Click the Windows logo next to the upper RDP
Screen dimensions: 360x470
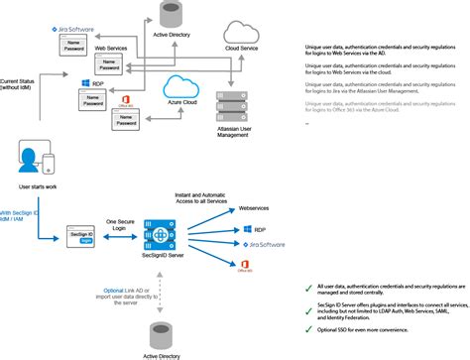coord(86,85)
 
